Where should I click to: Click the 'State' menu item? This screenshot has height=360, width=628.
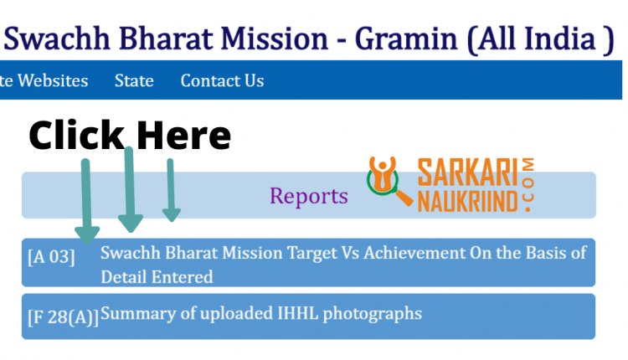(x=134, y=81)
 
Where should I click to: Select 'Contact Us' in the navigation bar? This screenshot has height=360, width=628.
(x=222, y=81)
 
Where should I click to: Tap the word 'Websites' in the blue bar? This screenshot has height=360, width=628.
(x=53, y=81)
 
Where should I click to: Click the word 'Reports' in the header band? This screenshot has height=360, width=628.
(x=309, y=196)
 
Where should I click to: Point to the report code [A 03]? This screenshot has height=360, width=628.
(x=51, y=257)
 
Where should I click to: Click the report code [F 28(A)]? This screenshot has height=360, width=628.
(x=64, y=317)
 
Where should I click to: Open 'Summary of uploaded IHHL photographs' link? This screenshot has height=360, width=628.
(x=261, y=314)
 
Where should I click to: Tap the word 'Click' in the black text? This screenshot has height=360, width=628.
(x=76, y=135)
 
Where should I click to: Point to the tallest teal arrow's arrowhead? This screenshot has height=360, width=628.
(x=131, y=223)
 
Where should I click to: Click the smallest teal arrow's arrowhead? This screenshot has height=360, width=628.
(x=172, y=215)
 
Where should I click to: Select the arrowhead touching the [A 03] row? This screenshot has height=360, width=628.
(x=87, y=235)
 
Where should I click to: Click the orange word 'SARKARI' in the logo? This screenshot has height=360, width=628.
(x=467, y=172)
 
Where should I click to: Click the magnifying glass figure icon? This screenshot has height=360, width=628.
(x=387, y=179)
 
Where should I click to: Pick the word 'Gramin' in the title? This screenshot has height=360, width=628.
(x=406, y=39)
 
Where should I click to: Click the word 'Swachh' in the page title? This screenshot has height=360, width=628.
(x=57, y=39)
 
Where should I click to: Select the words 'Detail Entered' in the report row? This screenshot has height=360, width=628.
(x=157, y=277)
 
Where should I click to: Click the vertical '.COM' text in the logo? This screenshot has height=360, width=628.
(x=528, y=184)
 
